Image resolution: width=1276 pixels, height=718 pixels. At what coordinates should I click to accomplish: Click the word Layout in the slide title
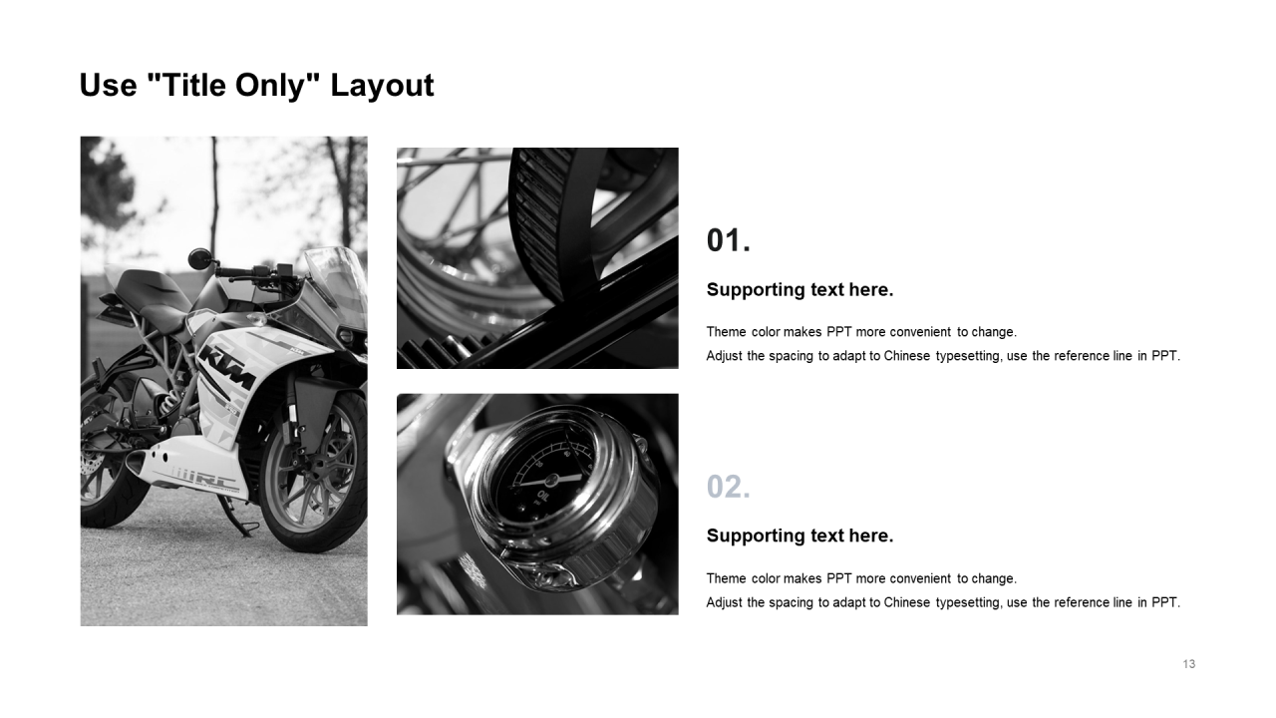pos(382,86)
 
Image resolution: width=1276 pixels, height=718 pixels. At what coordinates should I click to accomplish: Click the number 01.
pos(728,240)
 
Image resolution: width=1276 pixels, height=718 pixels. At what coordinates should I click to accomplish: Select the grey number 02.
pos(728,487)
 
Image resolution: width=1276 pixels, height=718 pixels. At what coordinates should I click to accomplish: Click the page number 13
pos(1189,664)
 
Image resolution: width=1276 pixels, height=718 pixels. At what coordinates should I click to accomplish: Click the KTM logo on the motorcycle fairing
pos(226,369)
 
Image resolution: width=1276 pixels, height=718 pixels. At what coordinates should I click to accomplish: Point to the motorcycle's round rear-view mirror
pos(198,258)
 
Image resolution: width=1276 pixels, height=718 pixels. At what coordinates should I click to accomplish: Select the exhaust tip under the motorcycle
pos(136,463)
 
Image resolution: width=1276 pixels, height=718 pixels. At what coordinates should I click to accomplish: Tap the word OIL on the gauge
pos(541,497)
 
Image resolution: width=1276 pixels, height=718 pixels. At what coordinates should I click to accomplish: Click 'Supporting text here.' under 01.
pos(799,290)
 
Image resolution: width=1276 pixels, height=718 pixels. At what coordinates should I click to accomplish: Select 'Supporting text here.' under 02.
pos(799,537)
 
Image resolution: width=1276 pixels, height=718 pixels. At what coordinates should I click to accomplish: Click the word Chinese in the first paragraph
pos(907,356)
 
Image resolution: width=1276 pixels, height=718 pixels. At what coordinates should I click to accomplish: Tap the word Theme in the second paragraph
pos(726,578)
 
